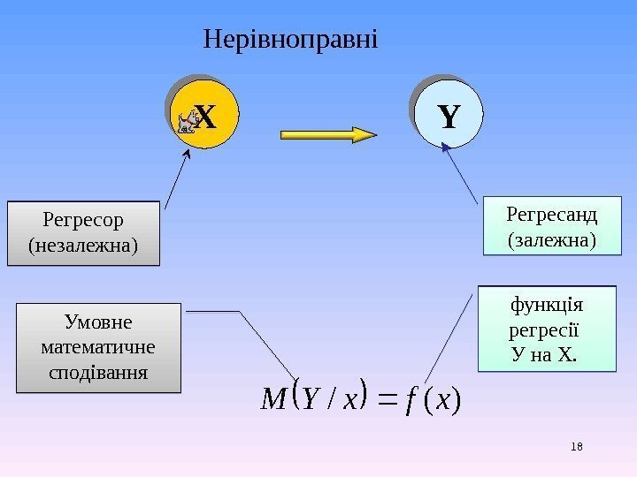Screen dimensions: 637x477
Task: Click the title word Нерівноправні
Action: (290, 40)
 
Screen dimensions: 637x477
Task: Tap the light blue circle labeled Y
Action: (449, 116)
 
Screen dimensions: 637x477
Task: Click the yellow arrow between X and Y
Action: (328, 134)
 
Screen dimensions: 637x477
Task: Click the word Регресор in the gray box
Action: (83, 219)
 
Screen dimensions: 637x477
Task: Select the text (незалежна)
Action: (83, 244)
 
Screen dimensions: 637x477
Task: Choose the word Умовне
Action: (98, 320)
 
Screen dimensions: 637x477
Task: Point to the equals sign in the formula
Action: (385, 402)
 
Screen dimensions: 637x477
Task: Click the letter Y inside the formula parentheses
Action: (311, 401)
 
